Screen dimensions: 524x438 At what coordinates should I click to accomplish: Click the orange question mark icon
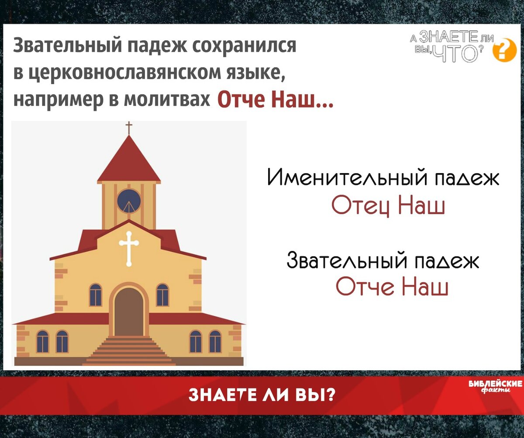pyautogui.click(x=505, y=50)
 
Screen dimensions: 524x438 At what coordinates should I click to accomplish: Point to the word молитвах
pyautogui.click(x=167, y=99)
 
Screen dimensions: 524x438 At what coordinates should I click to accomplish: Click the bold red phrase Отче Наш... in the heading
pyautogui.click(x=275, y=99)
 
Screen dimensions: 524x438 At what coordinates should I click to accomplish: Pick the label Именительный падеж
pyautogui.click(x=383, y=177)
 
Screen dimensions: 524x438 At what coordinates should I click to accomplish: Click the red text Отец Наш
pyautogui.click(x=388, y=207)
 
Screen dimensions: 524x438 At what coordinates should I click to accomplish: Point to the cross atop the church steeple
pyautogui.click(x=129, y=128)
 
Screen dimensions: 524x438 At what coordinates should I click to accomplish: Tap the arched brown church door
pyautogui.click(x=129, y=312)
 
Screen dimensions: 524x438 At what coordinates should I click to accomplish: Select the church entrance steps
pyautogui.click(x=129, y=351)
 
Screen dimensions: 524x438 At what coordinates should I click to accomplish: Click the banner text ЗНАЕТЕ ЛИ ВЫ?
pyautogui.click(x=262, y=395)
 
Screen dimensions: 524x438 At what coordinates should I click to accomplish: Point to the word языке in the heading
pyautogui.click(x=256, y=74)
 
